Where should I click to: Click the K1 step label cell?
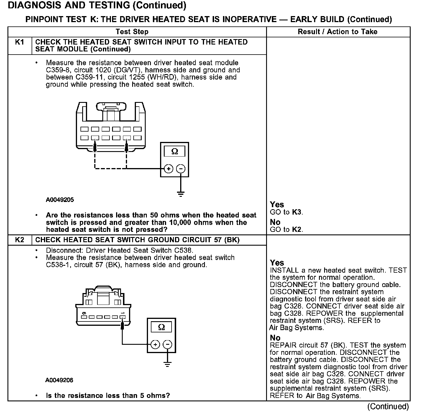[x=19, y=42]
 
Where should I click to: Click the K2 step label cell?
[x=19, y=240]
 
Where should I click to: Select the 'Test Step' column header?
[x=132, y=32]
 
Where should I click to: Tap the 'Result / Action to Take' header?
[x=337, y=32]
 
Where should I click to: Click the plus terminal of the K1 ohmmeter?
[x=168, y=169]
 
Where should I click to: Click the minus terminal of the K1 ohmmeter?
[x=180, y=169]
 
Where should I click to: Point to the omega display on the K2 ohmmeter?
[x=161, y=327]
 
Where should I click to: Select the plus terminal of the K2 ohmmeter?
[x=155, y=344]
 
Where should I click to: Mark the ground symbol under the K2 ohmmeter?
[x=167, y=365]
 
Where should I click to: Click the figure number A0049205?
[x=60, y=200]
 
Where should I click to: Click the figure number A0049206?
[x=59, y=380]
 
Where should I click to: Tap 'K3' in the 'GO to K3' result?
[x=297, y=212]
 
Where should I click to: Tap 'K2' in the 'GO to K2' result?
[x=297, y=230]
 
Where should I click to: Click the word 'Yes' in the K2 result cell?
[x=277, y=263]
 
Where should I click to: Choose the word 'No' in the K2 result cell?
[x=275, y=338]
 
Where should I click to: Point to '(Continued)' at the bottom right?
[x=388, y=407]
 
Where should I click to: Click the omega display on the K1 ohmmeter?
[x=174, y=151]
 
